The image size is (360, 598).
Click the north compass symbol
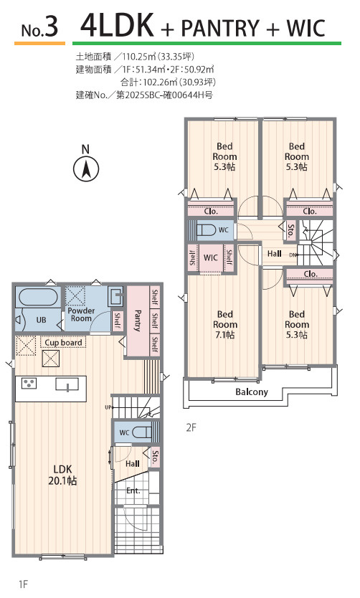click(x=86, y=164)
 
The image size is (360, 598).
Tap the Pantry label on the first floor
click(x=138, y=321)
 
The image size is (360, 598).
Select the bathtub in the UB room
click(x=38, y=297)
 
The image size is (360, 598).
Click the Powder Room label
click(x=81, y=314)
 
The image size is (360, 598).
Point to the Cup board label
click(x=63, y=343)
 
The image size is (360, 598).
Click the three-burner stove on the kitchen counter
click(x=29, y=384)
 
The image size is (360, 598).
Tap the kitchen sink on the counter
click(x=67, y=384)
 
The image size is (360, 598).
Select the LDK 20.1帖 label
click(x=62, y=475)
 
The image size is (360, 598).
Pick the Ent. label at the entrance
click(x=133, y=490)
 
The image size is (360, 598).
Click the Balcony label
click(x=251, y=391)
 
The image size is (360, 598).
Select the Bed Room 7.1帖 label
click(x=224, y=325)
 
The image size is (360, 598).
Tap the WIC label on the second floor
click(x=211, y=257)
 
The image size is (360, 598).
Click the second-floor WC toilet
click(x=207, y=230)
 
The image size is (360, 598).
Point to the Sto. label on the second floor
click(x=291, y=231)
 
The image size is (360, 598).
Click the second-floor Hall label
click(x=274, y=254)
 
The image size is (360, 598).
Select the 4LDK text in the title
click(x=117, y=25)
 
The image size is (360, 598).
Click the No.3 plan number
click(x=39, y=27)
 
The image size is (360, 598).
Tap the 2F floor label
click(x=191, y=427)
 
